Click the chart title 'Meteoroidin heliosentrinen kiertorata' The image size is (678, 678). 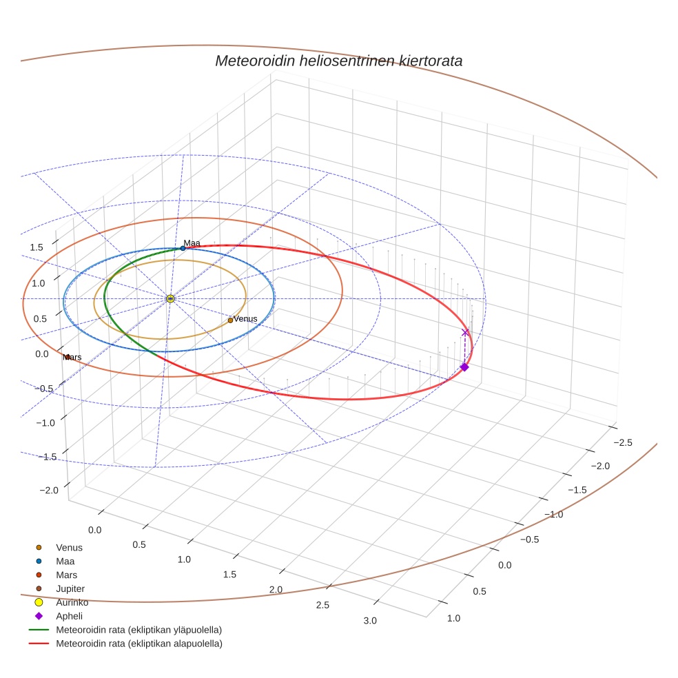point(338,61)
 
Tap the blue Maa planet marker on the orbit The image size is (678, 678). point(183,248)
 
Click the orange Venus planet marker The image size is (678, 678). point(230,320)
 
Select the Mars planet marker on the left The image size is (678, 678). point(68,357)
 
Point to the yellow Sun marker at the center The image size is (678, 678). point(170,298)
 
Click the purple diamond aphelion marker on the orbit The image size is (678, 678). point(464,367)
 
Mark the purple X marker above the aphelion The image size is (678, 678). point(465,333)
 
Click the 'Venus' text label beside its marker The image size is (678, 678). point(245,319)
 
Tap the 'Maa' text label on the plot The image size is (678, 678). point(192,243)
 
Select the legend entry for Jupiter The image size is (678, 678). point(70,588)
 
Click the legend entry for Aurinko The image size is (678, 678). point(72,602)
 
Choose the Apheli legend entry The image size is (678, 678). point(69,616)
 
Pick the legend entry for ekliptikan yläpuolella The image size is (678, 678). point(138,630)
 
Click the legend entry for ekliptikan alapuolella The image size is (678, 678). point(138,644)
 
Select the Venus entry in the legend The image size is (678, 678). point(69,548)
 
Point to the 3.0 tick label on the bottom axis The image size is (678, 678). point(370,621)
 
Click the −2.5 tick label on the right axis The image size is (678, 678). point(622,442)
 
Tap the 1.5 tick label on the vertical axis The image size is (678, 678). point(37,247)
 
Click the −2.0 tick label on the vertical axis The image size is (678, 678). point(49,490)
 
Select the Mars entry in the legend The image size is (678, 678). point(66,575)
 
